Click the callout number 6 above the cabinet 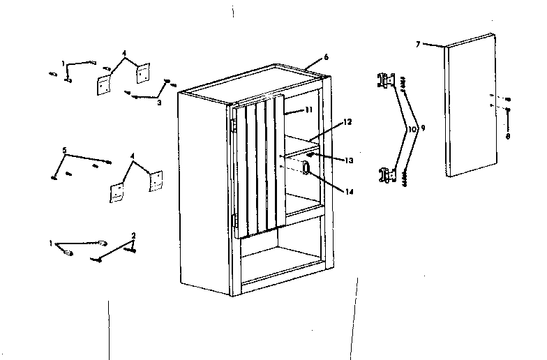327,56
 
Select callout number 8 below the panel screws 508,137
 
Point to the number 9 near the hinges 421,129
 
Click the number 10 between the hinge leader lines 412,129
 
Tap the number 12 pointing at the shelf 347,123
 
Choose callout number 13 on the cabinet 349,160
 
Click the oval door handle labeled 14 307,168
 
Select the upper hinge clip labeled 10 385,79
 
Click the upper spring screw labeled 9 404,82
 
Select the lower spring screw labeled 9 404,179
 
